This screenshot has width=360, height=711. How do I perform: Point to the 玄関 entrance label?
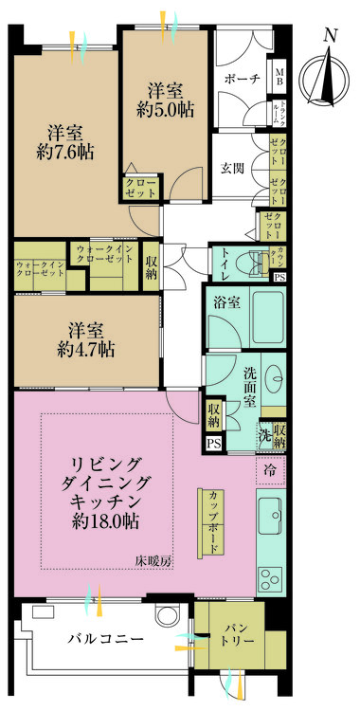(233, 170)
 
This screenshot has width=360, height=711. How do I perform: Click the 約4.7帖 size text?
(83, 350)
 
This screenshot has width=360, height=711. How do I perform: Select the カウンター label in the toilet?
(279, 257)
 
